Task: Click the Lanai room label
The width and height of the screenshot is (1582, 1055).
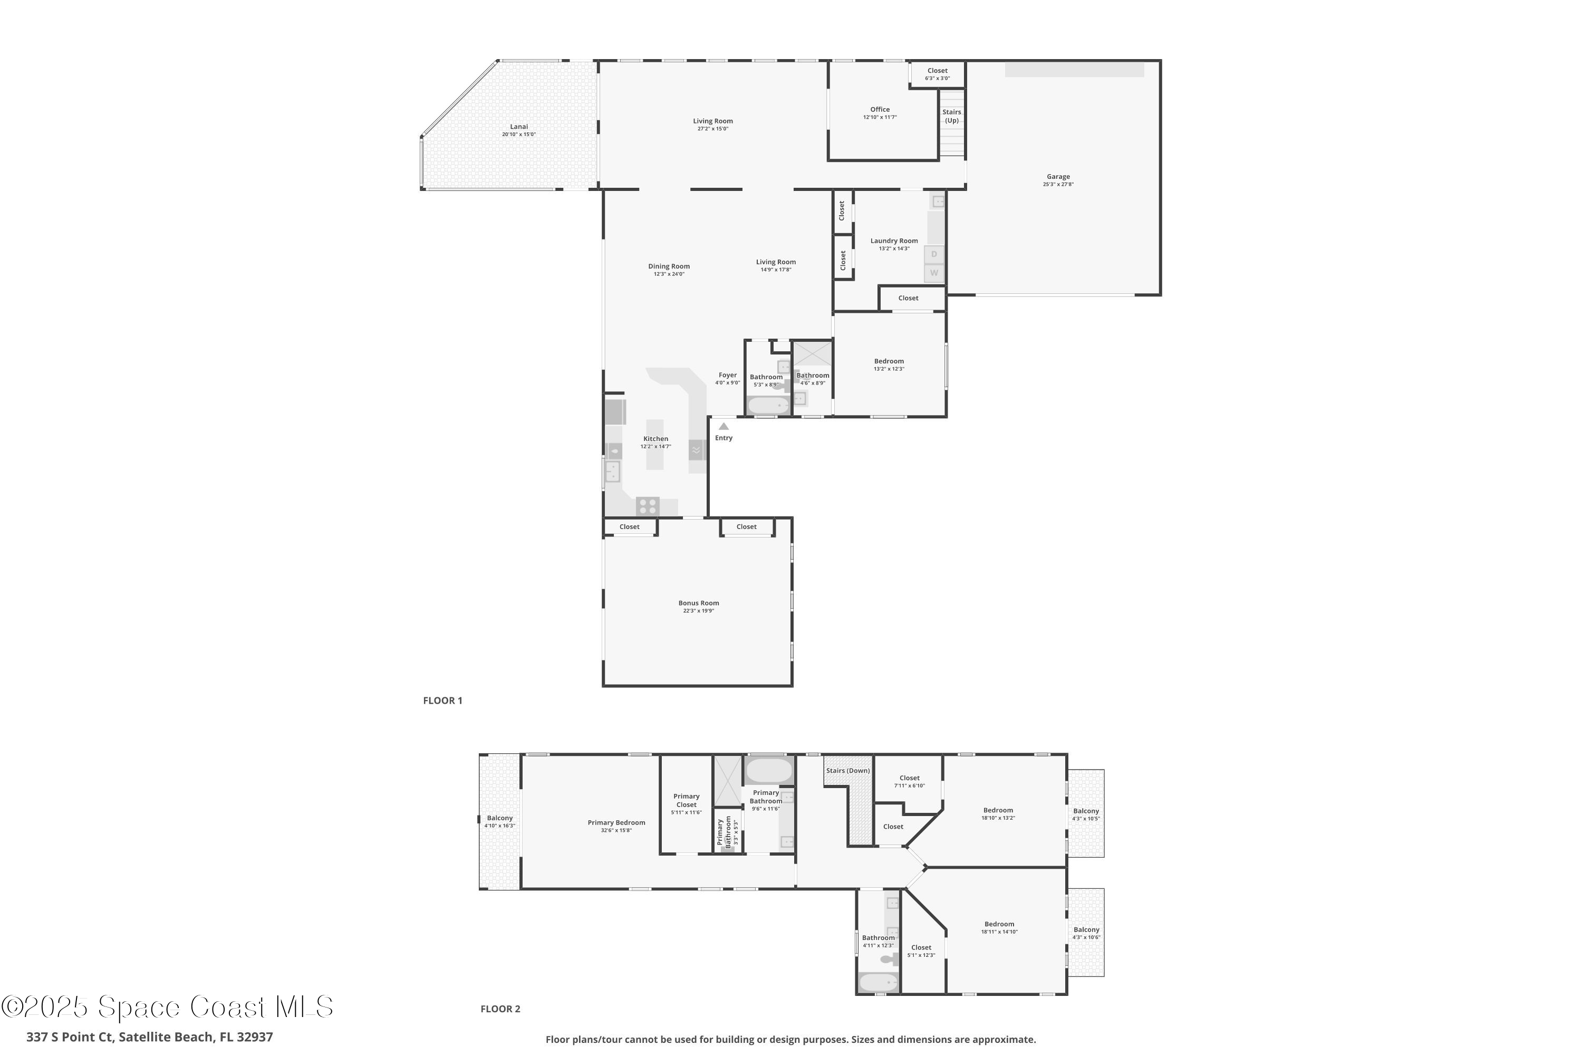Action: (x=518, y=127)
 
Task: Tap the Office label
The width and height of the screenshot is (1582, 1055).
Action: (x=880, y=110)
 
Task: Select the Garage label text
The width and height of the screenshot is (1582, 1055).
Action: (x=1058, y=177)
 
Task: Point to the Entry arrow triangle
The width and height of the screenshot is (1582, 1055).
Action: (x=724, y=426)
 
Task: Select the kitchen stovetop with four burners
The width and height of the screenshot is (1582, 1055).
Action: (x=648, y=505)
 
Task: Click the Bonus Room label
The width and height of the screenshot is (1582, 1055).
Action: (x=698, y=603)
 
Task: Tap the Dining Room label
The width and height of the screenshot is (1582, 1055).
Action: (x=669, y=266)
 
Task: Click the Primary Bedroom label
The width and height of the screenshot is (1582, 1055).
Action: (x=616, y=823)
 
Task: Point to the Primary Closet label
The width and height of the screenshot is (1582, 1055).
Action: (x=686, y=801)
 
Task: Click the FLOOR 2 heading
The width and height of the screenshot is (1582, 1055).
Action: (x=500, y=1009)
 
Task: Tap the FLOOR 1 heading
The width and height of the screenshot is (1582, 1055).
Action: (x=442, y=701)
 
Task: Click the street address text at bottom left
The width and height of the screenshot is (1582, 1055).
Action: (x=149, y=1037)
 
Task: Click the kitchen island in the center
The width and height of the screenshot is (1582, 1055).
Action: (x=654, y=445)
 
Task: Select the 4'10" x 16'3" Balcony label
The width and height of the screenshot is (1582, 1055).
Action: (x=500, y=821)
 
